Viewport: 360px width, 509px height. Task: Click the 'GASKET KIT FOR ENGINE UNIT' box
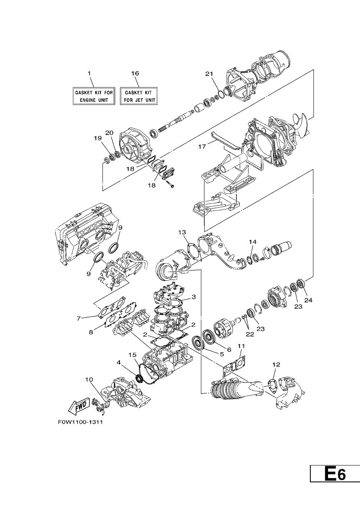(94, 96)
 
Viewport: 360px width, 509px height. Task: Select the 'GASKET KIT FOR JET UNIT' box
(139, 96)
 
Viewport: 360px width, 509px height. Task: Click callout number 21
(209, 73)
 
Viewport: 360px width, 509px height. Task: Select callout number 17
(202, 147)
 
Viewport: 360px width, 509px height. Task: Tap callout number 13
(182, 232)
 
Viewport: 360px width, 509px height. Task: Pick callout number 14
(252, 242)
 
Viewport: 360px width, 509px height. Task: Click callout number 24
(308, 300)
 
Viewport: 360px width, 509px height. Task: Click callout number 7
(79, 319)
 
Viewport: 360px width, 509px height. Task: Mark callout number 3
(193, 297)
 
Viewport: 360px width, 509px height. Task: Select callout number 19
(98, 138)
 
